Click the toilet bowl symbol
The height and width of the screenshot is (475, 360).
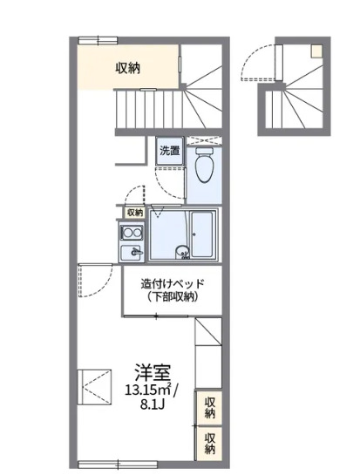pyautogui.click(x=205, y=165)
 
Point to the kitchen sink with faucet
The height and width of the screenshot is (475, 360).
pyautogui.click(x=133, y=253)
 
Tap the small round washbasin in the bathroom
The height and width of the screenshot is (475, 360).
pyautogui.click(x=183, y=254)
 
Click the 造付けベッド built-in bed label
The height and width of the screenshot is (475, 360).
pyautogui.click(x=172, y=283)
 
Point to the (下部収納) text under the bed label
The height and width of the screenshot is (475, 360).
pyautogui.click(x=172, y=297)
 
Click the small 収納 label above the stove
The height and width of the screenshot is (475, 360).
pyautogui.click(x=133, y=212)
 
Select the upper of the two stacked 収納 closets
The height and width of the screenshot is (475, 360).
pyautogui.click(x=210, y=406)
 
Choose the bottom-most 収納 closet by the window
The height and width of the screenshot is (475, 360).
pyautogui.click(x=210, y=443)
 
